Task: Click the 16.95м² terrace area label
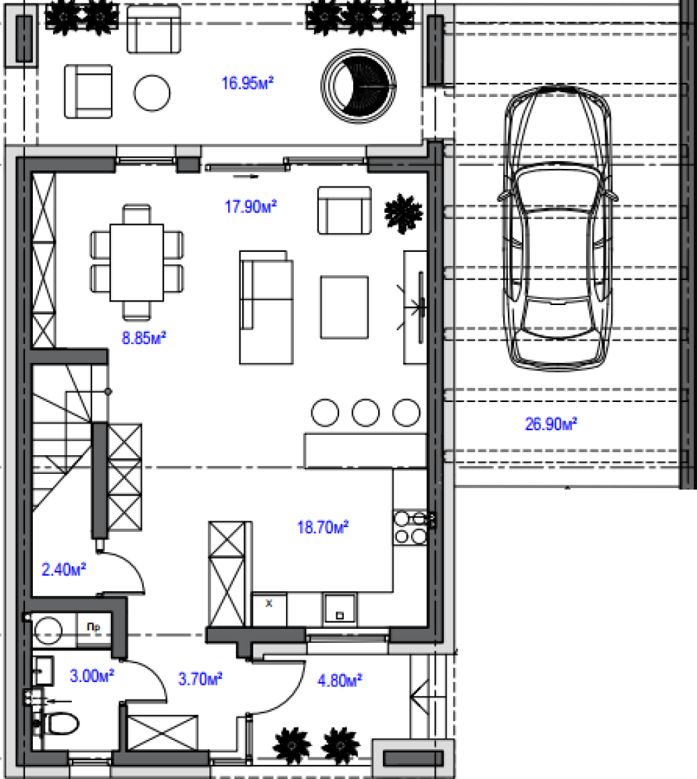247,82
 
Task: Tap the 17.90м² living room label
250,206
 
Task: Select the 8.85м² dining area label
144,338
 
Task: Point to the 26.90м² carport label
550,424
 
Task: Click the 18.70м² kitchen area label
322,526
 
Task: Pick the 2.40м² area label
63,569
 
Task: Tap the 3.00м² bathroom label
92,676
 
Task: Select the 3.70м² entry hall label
200,678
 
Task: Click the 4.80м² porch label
340,680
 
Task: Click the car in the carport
557,228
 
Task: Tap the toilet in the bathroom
57,723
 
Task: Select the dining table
137,262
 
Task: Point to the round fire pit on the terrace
359,86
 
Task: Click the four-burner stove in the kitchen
410,528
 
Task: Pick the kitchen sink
340,609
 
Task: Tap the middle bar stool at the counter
366,413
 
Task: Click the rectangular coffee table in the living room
345,307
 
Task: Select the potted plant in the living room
403,214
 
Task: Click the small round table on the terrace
152,93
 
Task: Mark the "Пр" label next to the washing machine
93,627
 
